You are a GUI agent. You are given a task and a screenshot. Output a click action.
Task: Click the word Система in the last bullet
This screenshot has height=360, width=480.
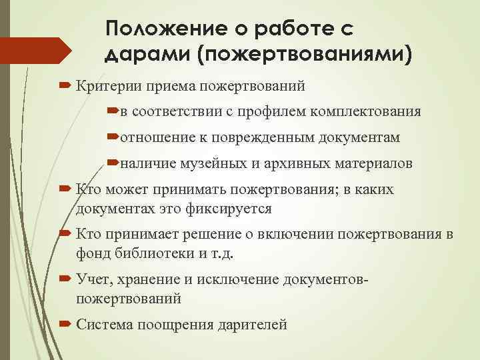tap(103, 325)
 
